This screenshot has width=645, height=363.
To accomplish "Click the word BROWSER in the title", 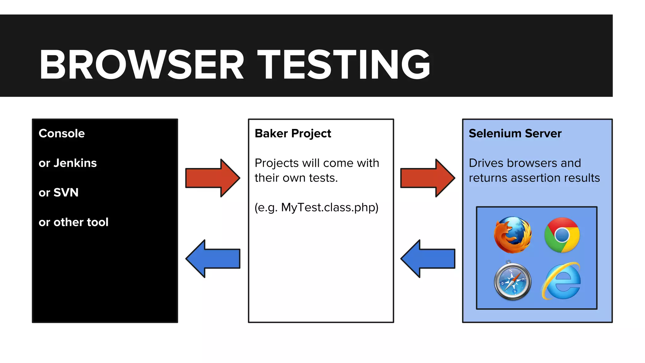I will click(x=142, y=65).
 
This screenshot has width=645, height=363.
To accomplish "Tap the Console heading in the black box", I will click(x=62, y=134).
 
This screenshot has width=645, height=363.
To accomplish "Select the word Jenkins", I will click(x=75, y=163).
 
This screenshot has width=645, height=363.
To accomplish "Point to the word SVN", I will click(x=66, y=193).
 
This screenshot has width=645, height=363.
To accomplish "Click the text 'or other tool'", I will click(x=73, y=222).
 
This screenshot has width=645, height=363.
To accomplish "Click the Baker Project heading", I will click(x=293, y=134).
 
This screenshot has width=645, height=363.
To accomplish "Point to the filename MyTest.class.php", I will click(x=329, y=208).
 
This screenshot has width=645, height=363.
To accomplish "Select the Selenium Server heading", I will click(x=515, y=134).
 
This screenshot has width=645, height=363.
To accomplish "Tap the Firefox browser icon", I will click(x=512, y=235).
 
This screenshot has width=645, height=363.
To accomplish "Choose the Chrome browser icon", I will click(x=562, y=235).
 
